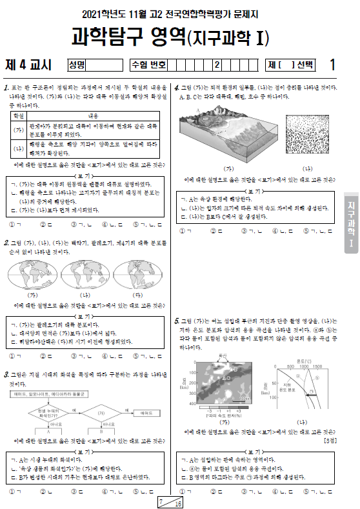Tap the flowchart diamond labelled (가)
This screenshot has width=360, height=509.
101,413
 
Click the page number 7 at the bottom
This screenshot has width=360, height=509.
161,499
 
